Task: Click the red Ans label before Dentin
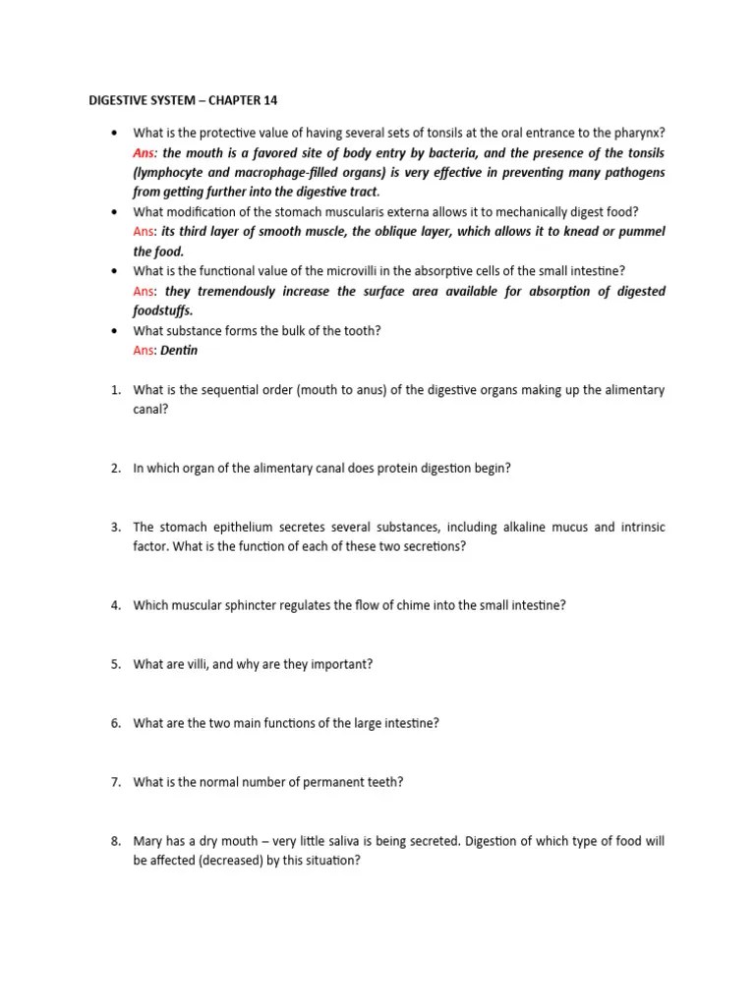tap(144, 351)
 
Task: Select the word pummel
tap(640, 231)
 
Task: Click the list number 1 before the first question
tap(114, 390)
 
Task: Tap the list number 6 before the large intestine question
tap(114, 723)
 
